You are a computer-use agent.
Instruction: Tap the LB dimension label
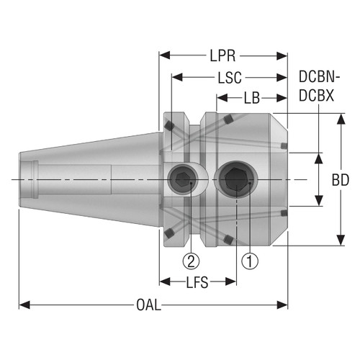click(x=253, y=96)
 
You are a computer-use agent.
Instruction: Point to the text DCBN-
click(x=320, y=77)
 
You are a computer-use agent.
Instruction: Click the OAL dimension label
click(x=149, y=306)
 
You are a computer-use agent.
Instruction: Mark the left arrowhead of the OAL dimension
click(x=23, y=306)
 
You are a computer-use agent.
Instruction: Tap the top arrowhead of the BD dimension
click(x=341, y=117)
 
